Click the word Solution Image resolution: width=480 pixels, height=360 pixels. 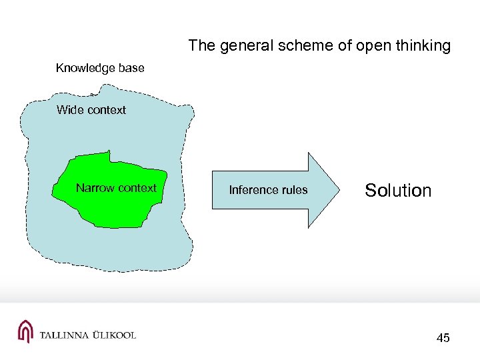click(x=398, y=191)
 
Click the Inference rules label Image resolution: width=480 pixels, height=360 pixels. click(x=268, y=190)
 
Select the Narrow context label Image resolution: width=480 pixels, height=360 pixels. click(x=116, y=188)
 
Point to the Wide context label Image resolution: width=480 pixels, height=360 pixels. click(x=91, y=110)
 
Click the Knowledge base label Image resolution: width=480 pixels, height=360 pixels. click(x=100, y=68)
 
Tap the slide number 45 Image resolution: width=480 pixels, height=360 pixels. click(x=443, y=338)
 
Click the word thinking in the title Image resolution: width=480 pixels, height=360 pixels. click(x=423, y=46)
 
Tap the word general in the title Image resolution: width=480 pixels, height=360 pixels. click(x=241, y=46)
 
